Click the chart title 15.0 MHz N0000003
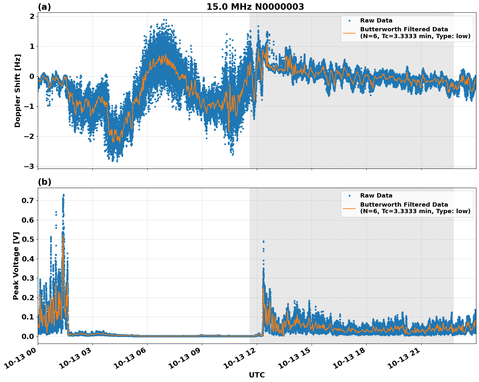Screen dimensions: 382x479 pyautogui.click(x=255, y=7)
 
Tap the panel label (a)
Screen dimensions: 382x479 pyautogui.click(x=44, y=7)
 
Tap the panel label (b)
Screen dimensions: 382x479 pyautogui.click(x=44, y=182)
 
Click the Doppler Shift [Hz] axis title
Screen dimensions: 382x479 pyautogui.click(x=18, y=91)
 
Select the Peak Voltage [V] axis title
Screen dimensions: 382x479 pyautogui.click(x=16, y=266)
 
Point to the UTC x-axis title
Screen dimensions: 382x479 pyautogui.click(x=257, y=375)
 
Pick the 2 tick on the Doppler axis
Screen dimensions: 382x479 pyautogui.click(x=32, y=17)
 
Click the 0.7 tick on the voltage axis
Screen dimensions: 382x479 pyautogui.click(x=28, y=200)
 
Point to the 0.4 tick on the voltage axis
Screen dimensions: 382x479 pyautogui.click(x=28, y=259)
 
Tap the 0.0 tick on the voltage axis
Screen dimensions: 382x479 pyautogui.click(x=28, y=336)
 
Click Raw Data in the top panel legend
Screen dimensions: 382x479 pyautogui.click(x=376, y=21)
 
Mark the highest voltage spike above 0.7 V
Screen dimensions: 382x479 pyautogui.click(x=63, y=195)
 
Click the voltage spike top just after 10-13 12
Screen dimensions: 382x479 pyautogui.click(x=263, y=241)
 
